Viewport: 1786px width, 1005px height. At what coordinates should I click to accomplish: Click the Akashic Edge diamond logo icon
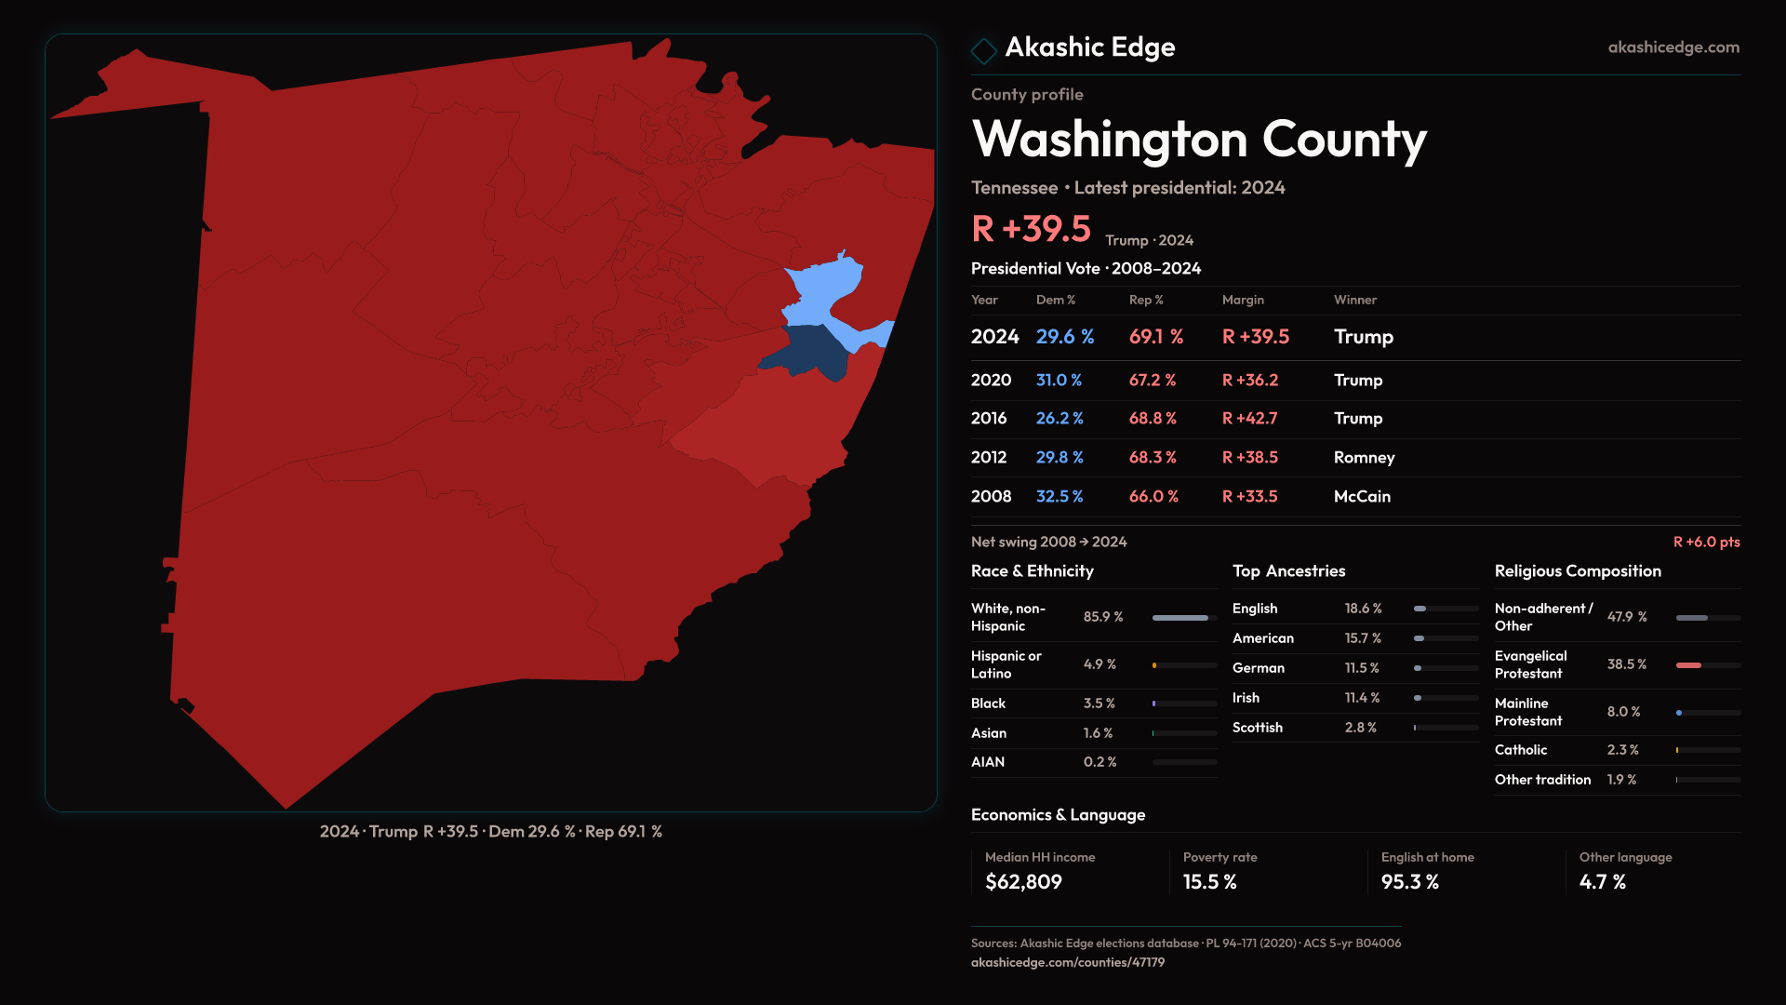coord(983,50)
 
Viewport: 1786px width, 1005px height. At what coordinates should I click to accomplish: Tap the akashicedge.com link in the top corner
coord(1673,47)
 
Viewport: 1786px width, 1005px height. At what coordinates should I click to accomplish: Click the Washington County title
coord(1198,140)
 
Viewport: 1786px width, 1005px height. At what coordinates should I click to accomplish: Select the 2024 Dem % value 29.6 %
coord(1064,337)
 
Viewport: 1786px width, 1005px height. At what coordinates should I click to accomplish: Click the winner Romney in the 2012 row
coord(1364,458)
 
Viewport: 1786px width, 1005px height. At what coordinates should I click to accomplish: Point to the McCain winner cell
coord(1362,497)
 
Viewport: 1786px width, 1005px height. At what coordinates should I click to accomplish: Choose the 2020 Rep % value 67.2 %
coord(1152,381)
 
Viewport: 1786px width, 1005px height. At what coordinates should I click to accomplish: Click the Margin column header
coord(1243,300)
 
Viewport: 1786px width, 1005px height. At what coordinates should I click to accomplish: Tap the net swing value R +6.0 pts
coord(1706,542)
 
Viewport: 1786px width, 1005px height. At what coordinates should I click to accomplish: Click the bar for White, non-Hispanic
coord(1180,618)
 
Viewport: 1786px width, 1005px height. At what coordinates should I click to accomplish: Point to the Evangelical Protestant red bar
coord(1688,665)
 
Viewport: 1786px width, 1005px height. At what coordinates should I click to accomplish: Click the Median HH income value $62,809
coord(1023,882)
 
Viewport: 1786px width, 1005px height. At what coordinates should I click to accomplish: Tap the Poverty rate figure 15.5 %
coord(1209,882)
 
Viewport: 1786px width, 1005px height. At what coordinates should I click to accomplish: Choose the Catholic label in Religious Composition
coord(1520,750)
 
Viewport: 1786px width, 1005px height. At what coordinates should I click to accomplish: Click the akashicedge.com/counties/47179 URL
coord(1067,962)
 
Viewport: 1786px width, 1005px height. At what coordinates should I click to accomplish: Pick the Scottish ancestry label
coord(1257,728)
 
